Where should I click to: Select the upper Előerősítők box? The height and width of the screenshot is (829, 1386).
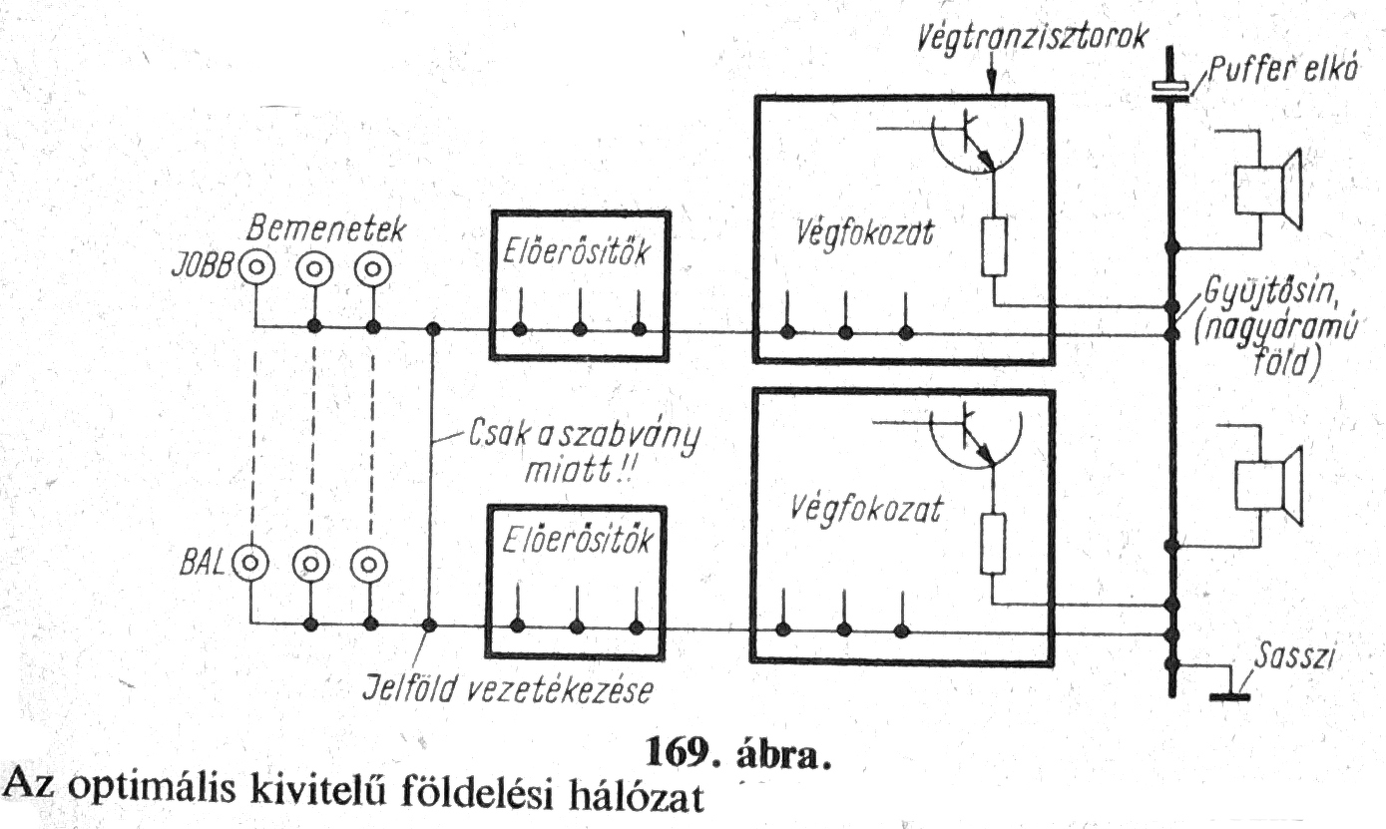(579, 284)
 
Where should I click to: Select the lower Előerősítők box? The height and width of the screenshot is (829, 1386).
(577, 579)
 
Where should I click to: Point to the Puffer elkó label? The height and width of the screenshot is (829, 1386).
(1278, 72)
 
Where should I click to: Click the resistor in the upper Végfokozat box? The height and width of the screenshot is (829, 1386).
(994, 246)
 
